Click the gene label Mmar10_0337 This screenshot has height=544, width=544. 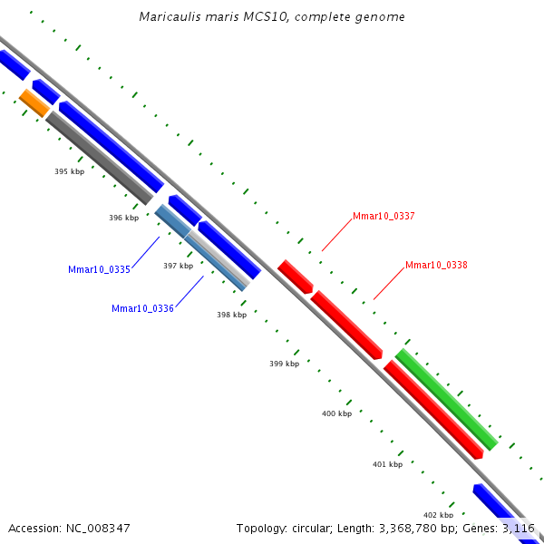(384, 216)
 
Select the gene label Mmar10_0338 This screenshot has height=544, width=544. (436, 265)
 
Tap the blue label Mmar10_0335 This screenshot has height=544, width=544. (99, 269)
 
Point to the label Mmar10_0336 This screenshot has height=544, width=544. (142, 308)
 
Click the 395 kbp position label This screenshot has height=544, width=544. (69, 171)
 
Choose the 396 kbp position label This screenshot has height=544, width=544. (123, 218)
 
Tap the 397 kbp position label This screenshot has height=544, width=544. (178, 266)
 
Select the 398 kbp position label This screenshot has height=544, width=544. (231, 315)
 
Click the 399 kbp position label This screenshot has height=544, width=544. (284, 364)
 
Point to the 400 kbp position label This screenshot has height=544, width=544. (336, 413)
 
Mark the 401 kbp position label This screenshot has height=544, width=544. (387, 464)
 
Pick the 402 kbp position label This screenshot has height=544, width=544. (438, 515)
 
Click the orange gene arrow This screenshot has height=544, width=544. (34, 102)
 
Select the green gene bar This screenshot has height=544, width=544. (446, 399)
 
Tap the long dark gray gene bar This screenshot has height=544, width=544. (100, 158)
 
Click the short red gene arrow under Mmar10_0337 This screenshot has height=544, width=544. (295, 276)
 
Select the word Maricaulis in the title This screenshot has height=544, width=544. (168, 17)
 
